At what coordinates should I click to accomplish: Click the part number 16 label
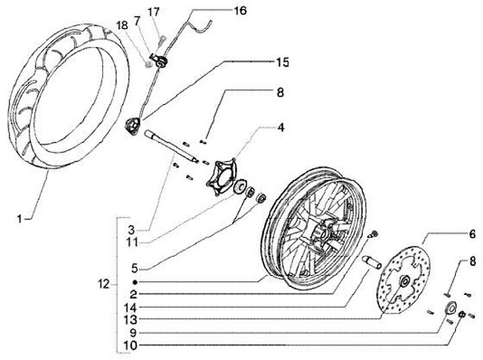click(x=240, y=11)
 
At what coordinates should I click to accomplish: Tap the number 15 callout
click(x=282, y=62)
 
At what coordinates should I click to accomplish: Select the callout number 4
click(x=280, y=127)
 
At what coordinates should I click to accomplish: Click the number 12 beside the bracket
click(x=103, y=284)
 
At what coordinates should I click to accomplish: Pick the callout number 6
click(x=472, y=235)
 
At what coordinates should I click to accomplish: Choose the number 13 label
click(x=131, y=320)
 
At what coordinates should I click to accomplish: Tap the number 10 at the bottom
click(x=130, y=345)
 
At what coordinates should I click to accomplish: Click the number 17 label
click(x=154, y=12)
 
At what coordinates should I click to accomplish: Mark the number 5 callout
click(x=134, y=268)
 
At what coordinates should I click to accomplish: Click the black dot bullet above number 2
click(x=134, y=282)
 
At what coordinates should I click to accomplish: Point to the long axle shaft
click(x=172, y=146)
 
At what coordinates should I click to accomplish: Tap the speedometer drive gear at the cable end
click(x=133, y=126)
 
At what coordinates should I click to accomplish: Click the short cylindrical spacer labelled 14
click(x=371, y=261)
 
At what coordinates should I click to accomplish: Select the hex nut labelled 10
click(x=462, y=314)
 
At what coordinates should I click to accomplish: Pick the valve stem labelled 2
click(x=374, y=234)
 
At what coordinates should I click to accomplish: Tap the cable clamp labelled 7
click(x=159, y=60)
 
